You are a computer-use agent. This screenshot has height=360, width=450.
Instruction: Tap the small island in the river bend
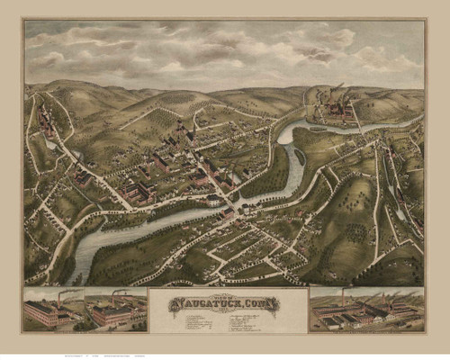click(300, 157)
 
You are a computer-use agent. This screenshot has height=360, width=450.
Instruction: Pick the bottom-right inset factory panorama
click(365, 310)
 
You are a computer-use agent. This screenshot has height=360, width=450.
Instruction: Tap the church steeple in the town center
click(188, 135)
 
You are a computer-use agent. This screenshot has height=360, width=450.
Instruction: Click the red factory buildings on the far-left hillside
click(45, 121)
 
